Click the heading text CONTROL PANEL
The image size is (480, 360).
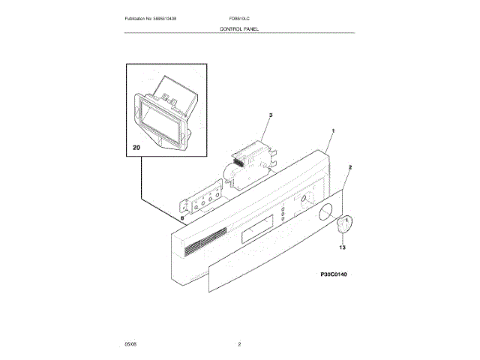[239, 28]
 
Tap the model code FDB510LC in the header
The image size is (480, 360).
[241, 17]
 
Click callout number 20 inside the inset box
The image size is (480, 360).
[136, 148]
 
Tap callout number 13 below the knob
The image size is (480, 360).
[342, 247]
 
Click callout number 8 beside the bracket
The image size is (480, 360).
[181, 218]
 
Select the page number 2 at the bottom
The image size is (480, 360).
[239, 343]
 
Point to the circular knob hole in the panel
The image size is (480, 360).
[325, 214]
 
